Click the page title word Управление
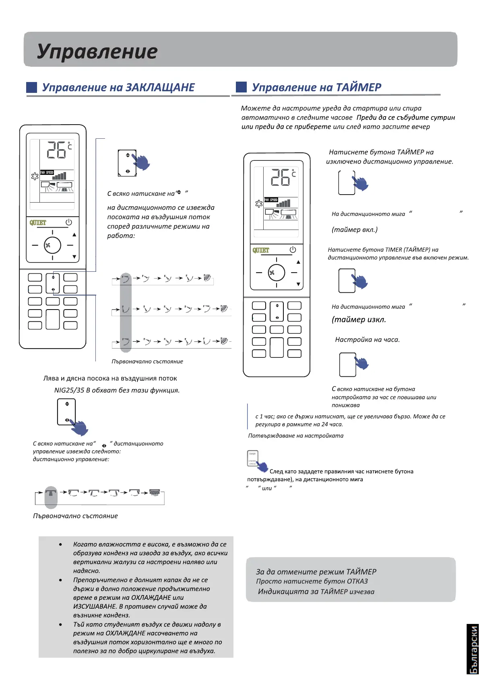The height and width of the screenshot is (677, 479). (97, 51)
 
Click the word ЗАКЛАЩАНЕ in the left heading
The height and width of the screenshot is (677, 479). (160, 88)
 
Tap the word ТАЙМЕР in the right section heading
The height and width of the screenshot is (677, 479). (358, 87)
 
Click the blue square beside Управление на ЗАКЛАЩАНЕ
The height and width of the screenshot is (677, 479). (31, 87)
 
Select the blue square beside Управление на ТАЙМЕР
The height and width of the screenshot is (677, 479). (241, 87)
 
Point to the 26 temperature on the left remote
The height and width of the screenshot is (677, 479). (57, 150)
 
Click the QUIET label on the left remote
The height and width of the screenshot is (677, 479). (38, 222)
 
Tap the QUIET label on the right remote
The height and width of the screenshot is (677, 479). (261, 250)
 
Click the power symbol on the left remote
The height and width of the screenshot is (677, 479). (69, 222)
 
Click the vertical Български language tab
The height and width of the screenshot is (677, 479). (473, 649)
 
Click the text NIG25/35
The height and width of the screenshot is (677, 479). (69, 390)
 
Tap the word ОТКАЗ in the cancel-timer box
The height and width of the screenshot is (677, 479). (357, 581)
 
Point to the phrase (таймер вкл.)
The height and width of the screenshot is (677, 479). (355, 230)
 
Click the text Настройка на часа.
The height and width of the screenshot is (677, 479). (367, 340)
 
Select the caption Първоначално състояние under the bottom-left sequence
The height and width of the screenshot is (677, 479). (75, 516)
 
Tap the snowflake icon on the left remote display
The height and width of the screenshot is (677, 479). (35, 176)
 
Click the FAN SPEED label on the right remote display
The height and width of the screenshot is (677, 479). (271, 200)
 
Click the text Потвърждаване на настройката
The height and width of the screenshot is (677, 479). (296, 435)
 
